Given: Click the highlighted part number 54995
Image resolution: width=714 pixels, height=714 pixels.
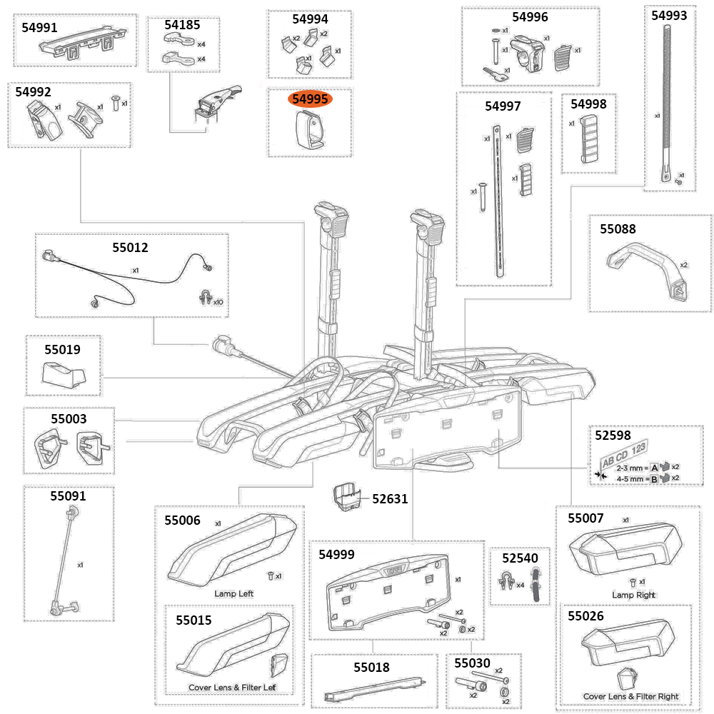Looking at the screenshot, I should click(x=308, y=100).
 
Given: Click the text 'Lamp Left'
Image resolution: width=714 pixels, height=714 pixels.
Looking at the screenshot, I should click(x=233, y=593).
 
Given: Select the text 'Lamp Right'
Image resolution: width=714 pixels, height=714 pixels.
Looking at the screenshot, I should click(x=633, y=595).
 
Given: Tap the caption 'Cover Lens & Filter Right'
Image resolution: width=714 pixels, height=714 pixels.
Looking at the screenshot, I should click(x=630, y=696).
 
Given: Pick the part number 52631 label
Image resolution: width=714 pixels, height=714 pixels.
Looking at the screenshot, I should click(x=390, y=498).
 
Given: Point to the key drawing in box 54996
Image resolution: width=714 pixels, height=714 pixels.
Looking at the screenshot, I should click(x=493, y=74).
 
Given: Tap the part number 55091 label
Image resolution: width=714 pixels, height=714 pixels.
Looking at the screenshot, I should click(x=68, y=496).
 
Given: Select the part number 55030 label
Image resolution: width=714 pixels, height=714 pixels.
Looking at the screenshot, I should click(x=473, y=664).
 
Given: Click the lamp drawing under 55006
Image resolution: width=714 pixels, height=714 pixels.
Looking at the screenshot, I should click(x=233, y=546).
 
